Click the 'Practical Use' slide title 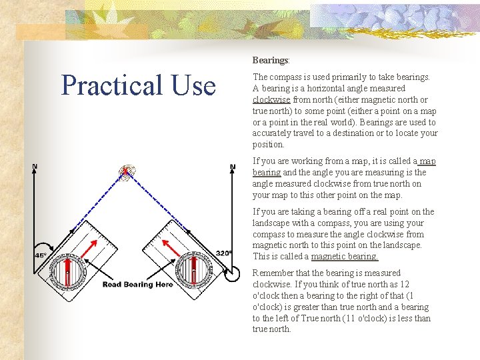click(139, 85)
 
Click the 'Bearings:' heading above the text click(271, 60)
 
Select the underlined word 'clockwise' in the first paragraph click(271, 99)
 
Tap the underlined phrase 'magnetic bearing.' click(345, 257)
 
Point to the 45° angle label click(41, 255)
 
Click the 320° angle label click(225, 253)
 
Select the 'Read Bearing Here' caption click(137, 285)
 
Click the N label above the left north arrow click(35, 165)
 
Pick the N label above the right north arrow click(232, 167)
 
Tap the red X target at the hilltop click(125, 171)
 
